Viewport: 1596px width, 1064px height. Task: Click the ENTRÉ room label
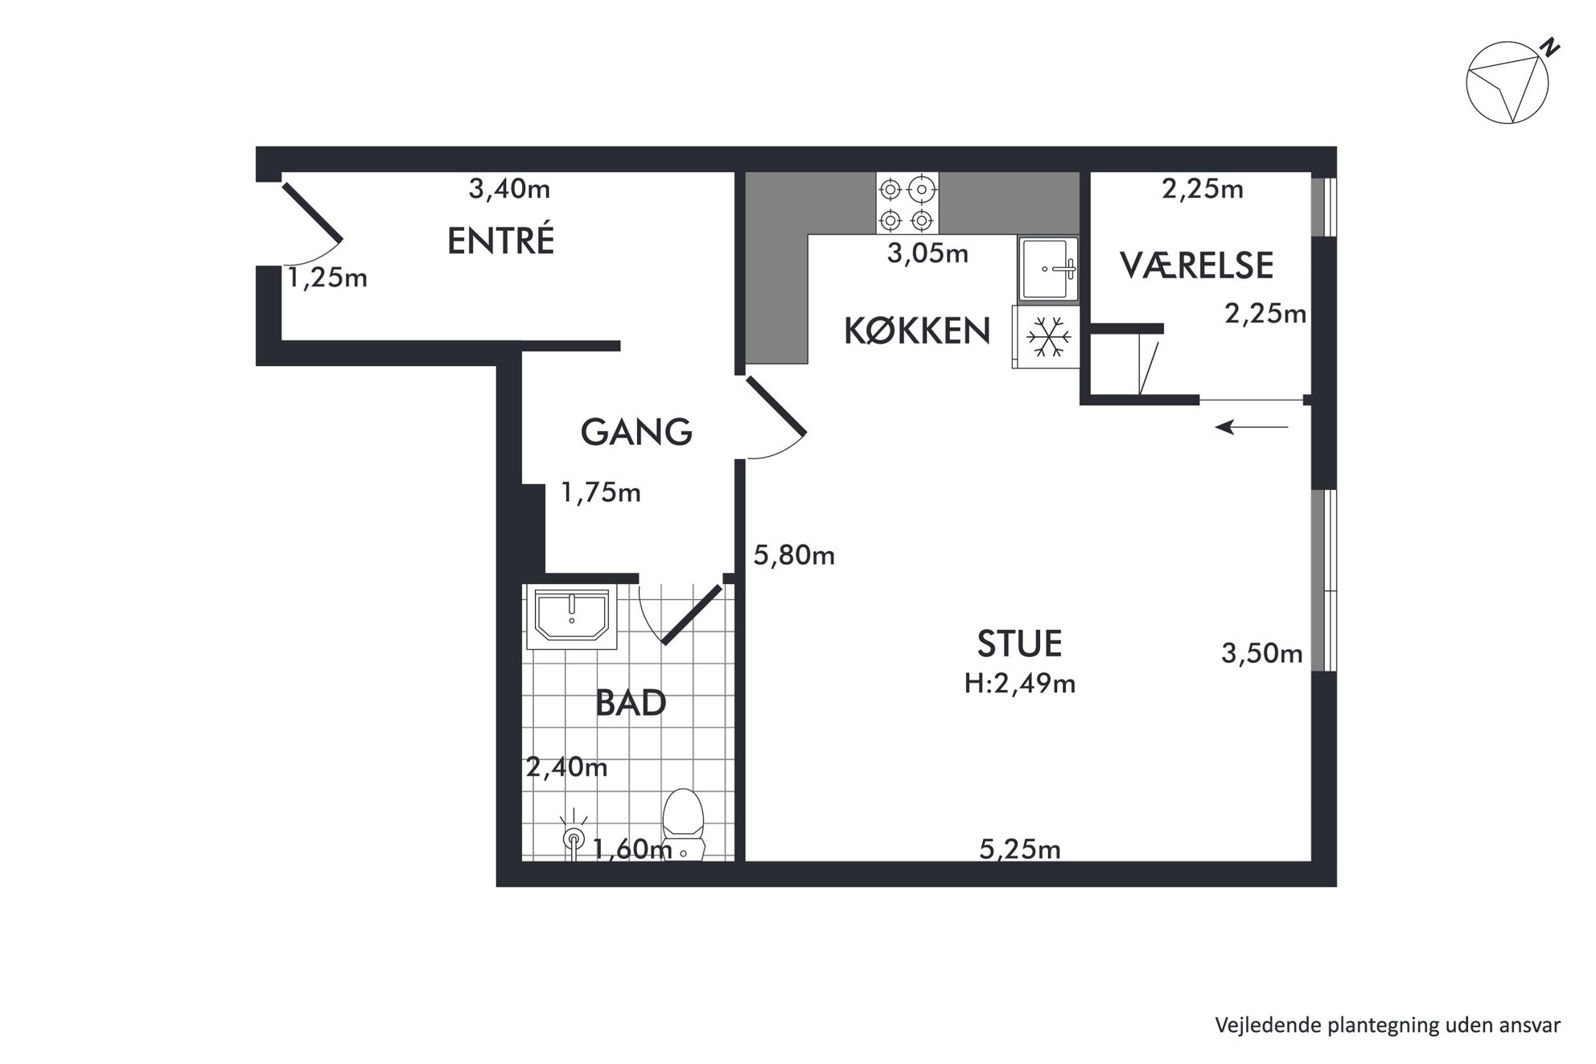click(500, 240)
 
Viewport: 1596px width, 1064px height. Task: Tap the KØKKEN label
click(917, 331)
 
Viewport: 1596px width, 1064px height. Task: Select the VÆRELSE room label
click(1197, 265)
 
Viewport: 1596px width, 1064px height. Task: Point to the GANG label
click(636, 432)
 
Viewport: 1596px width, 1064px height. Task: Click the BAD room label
click(631, 703)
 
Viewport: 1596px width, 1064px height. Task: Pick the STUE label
click(1019, 643)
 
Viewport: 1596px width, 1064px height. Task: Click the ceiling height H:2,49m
click(1020, 684)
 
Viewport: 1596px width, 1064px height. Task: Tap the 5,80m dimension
click(794, 555)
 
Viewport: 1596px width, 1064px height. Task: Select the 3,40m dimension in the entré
click(509, 189)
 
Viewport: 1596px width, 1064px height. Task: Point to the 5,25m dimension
click(1020, 848)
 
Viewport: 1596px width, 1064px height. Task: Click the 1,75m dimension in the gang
click(601, 491)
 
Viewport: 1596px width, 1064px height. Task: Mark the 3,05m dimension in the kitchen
click(928, 253)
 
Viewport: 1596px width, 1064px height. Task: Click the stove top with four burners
click(907, 203)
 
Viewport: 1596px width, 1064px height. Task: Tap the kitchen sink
click(1048, 269)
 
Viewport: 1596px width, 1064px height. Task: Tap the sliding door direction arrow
click(1252, 427)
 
